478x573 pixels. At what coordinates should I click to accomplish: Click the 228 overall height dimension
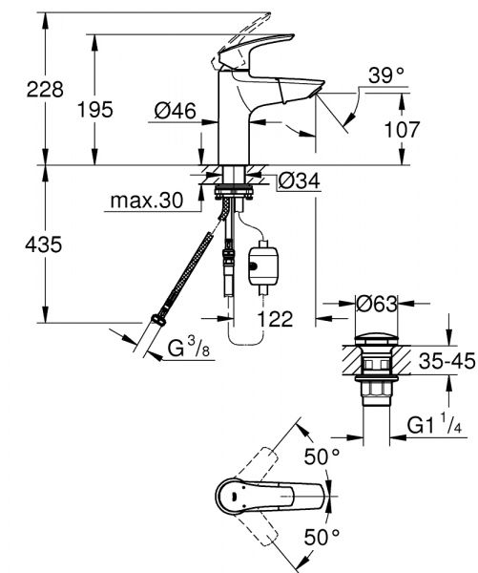(20, 90)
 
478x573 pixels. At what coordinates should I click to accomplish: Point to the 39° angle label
(386, 73)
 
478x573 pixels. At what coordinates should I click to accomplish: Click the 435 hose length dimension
(20, 245)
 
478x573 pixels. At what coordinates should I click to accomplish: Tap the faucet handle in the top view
(277, 498)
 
